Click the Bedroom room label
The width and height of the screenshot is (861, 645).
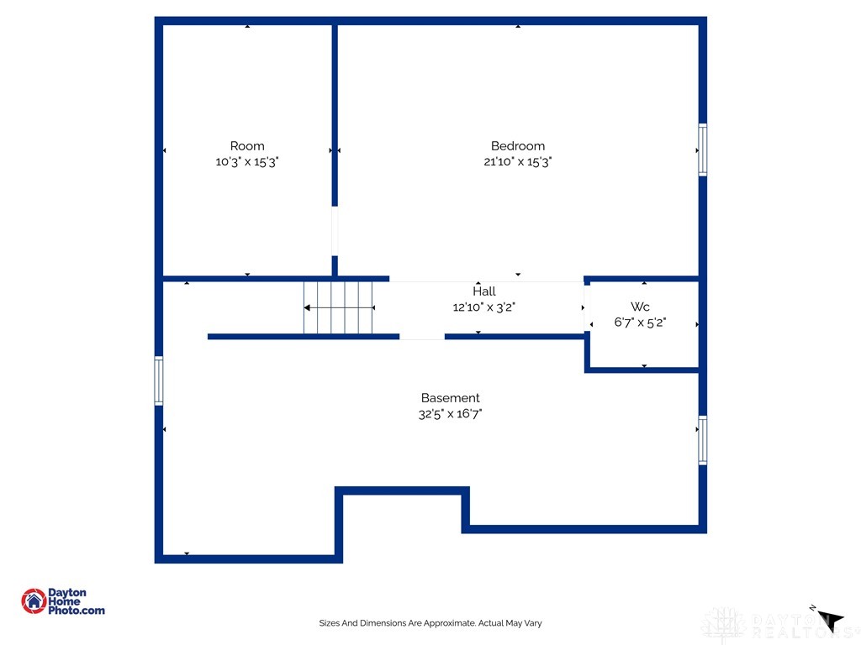[517, 146]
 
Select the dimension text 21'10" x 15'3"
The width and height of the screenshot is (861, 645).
[517, 162]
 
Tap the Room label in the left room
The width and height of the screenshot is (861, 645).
[247, 146]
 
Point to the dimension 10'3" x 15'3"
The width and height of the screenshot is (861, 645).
[247, 162]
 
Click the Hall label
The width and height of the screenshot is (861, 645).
[483, 291]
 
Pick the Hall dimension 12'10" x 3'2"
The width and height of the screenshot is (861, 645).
[483, 307]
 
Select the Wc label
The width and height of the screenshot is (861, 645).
[640, 307]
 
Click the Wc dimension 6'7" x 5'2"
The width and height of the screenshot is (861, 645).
[640, 322]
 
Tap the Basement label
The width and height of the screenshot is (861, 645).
[450, 398]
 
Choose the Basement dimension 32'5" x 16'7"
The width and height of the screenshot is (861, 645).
[450, 414]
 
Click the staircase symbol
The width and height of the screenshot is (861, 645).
[338, 308]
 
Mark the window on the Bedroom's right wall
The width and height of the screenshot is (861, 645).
[702, 150]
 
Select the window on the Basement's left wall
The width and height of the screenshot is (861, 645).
[159, 381]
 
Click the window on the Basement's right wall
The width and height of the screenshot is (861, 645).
[702, 440]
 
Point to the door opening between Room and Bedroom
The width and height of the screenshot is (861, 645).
[335, 231]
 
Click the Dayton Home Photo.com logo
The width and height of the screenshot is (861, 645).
[63, 601]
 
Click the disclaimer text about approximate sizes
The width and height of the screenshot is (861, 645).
[430, 623]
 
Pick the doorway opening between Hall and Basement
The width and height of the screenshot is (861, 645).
[422, 337]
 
